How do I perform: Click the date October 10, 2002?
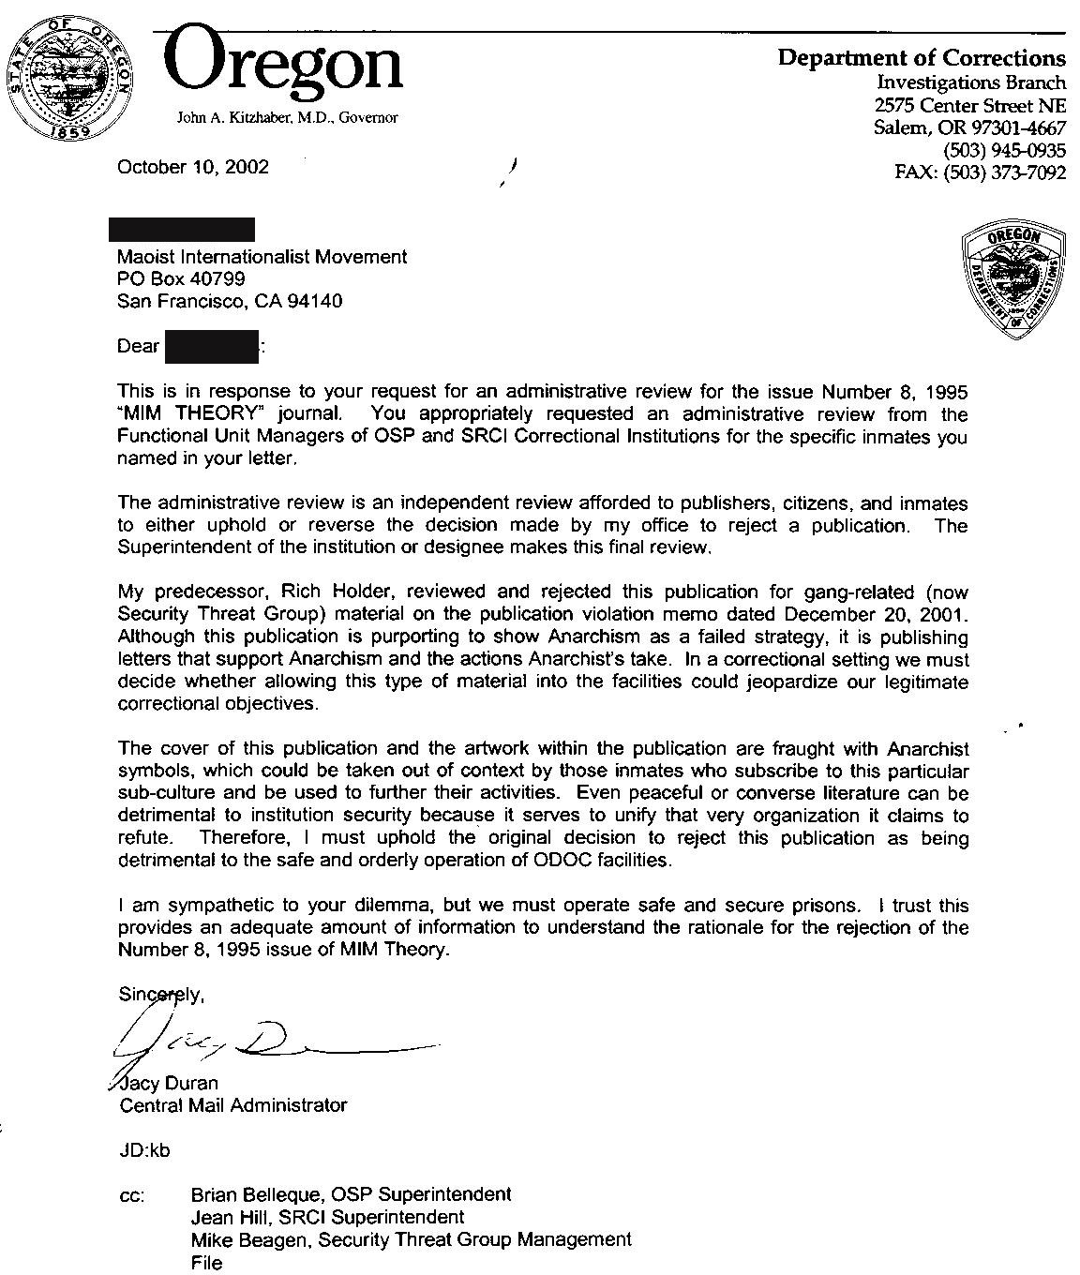coord(192,167)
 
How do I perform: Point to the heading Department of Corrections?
coord(922,58)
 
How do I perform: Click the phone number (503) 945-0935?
coord(1004,151)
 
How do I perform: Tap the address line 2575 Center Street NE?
coord(970,105)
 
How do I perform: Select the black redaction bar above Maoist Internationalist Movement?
coord(182,230)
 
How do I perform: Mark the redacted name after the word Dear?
coord(212,346)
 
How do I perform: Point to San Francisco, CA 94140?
coord(230,301)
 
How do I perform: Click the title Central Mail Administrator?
coord(233,1105)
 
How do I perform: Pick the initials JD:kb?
coord(145,1150)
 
